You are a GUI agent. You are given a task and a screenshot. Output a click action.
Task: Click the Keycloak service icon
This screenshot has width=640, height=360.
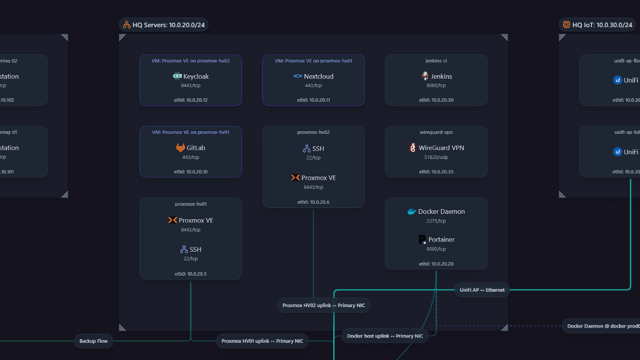[x=177, y=76]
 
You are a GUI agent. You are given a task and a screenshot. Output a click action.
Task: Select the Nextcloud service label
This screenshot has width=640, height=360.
[x=318, y=76]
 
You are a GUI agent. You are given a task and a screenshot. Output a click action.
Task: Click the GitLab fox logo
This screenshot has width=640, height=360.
[x=181, y=148]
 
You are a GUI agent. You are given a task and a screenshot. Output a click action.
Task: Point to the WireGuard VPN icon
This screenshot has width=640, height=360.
[x=412, y=148]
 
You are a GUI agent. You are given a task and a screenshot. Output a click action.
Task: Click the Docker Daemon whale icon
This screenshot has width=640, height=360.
[x=411, y=212]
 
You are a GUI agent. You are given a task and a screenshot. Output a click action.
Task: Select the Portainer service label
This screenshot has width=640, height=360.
[x=441, y=239]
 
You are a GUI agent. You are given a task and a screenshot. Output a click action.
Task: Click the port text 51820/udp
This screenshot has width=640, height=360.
[x=436, y=157]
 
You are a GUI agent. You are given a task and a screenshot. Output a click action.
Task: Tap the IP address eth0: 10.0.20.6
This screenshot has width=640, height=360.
[x=313, y=202]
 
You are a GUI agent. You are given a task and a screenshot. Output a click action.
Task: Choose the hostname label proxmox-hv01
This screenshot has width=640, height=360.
[x=190, y=204]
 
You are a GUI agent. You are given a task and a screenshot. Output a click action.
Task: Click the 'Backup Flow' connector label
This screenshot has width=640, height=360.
[x=93, y=341]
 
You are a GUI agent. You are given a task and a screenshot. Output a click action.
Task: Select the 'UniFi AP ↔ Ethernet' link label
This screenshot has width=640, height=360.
[x=482, y=290]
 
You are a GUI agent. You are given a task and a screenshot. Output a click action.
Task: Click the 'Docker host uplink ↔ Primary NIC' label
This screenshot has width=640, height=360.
[x=385, y=336]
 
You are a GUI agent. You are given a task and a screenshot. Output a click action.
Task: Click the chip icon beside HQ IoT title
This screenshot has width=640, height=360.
[x=566, y=25]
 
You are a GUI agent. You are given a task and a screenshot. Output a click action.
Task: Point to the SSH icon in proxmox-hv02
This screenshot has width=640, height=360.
[x=307, y=148]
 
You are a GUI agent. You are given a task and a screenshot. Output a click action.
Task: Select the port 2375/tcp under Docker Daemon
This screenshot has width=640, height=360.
[x=436, y=221]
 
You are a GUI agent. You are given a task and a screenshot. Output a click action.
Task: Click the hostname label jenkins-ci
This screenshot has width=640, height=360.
[x=436, y=61]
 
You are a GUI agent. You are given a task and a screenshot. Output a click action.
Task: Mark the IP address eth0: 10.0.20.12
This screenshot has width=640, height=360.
[x=190, y=100]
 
